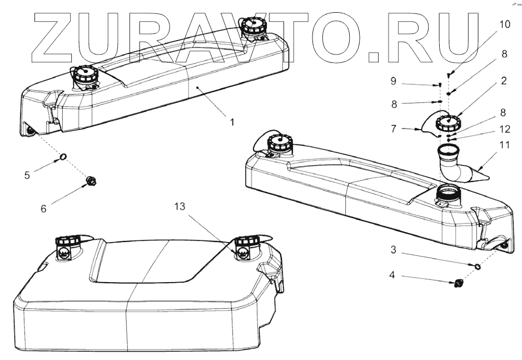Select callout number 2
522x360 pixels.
pos(503,81)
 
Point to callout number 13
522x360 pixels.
pos(178,206)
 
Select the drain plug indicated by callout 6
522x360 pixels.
pos(92,180)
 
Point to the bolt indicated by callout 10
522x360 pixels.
pos(448,75)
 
